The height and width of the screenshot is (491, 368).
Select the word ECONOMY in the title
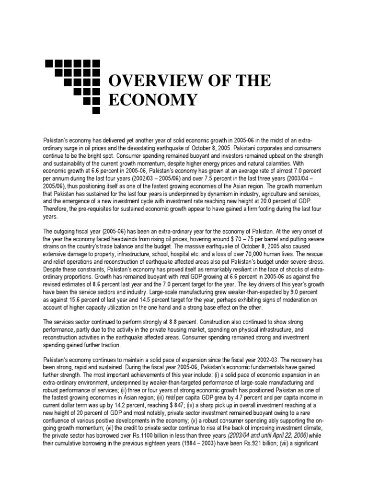coord(153,100)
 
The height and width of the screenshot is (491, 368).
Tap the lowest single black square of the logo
coord(96,111)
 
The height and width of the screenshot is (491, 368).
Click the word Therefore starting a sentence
coord(56,209)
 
